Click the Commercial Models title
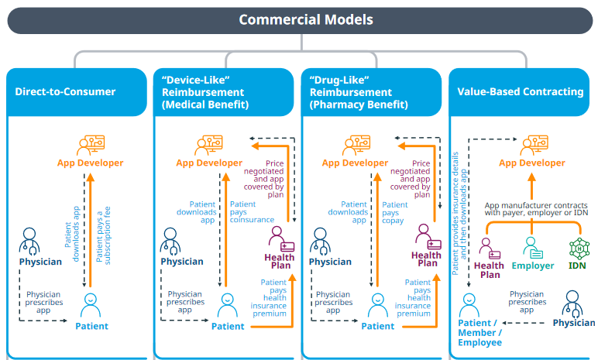[306, 20]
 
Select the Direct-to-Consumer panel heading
[65, 91]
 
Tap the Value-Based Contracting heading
[521, 91]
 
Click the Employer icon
[532, 248]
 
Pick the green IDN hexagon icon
[579, 249]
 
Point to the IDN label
[577, 266]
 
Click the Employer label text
[533, 266]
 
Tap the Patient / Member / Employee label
[480, 333]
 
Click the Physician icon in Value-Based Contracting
[572, 304]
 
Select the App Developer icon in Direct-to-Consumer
[91, 146]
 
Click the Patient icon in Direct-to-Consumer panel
[91, 305]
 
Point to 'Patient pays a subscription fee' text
[103, 235]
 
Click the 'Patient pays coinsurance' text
[252, 212]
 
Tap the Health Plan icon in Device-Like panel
[281, 238]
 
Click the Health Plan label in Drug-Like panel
[426, 259]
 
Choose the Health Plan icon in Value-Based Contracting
[490, 249]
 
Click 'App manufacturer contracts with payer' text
[536, 209]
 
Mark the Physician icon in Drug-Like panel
[321, 242]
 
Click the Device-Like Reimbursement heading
[205, 92]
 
